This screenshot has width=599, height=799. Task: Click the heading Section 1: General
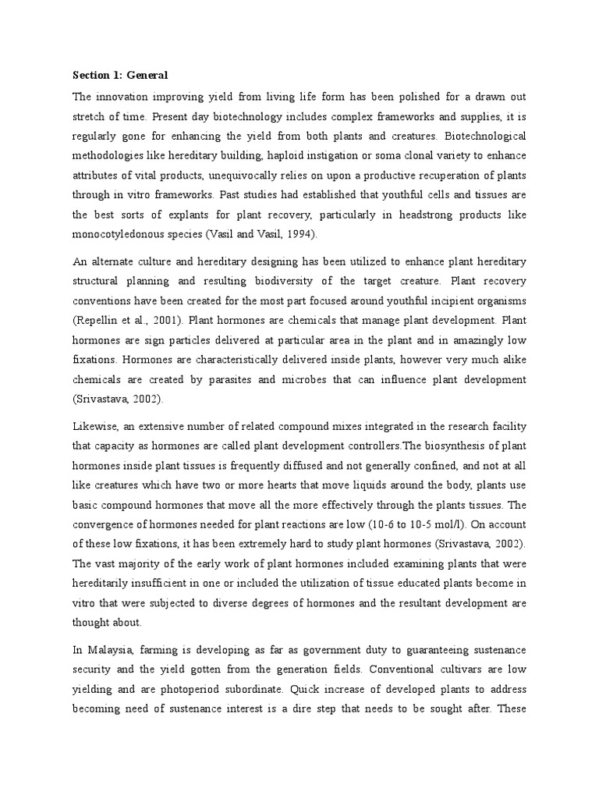120,75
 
